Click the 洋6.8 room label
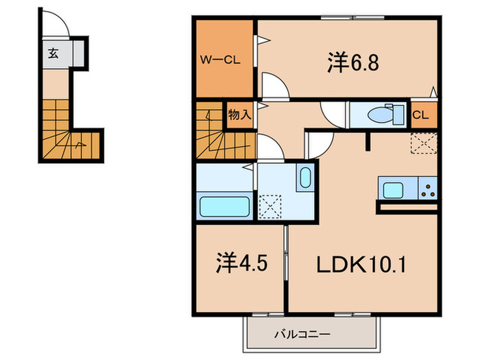(x=353, y=64)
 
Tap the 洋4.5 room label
(x=237, y=263)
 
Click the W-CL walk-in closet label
(x=220, y=60)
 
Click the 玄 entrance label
(x=53, y=53)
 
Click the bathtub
(x=224, y=205)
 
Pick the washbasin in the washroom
(x=305, y=178)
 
